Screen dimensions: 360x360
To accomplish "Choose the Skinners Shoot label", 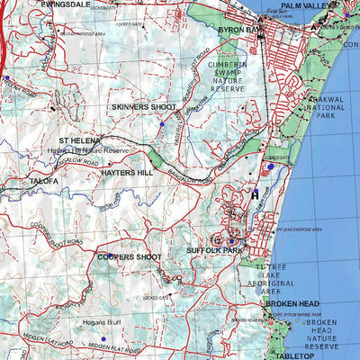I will [x=144, y=107].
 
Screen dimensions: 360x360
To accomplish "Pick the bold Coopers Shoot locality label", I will [x=130, y=256].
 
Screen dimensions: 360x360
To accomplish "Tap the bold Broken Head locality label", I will [x=292, y=303].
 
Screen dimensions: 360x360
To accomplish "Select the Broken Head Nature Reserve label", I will [x=323, y=334].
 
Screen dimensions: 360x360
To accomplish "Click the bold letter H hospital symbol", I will [x=255, y=193].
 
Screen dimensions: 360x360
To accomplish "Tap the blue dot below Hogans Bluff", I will [x=103, y=339].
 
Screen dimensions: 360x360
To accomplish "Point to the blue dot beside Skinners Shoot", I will [x=160, y=125].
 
